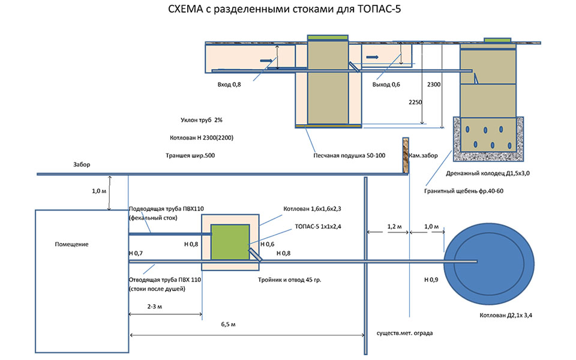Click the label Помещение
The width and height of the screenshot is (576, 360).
click(72, 244)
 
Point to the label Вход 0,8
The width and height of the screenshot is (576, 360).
click(229, 85)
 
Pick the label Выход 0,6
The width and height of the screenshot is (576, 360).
click(386, 85)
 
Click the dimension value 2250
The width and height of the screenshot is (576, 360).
click(415, 102)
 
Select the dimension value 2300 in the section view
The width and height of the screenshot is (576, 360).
click(434, 85)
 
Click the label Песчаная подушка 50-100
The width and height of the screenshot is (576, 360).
click(349, 155)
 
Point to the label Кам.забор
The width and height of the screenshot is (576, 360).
click(424, 155)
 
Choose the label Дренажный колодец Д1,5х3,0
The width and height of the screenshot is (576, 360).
click(488, 173)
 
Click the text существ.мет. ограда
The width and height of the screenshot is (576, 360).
click(404, 332)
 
